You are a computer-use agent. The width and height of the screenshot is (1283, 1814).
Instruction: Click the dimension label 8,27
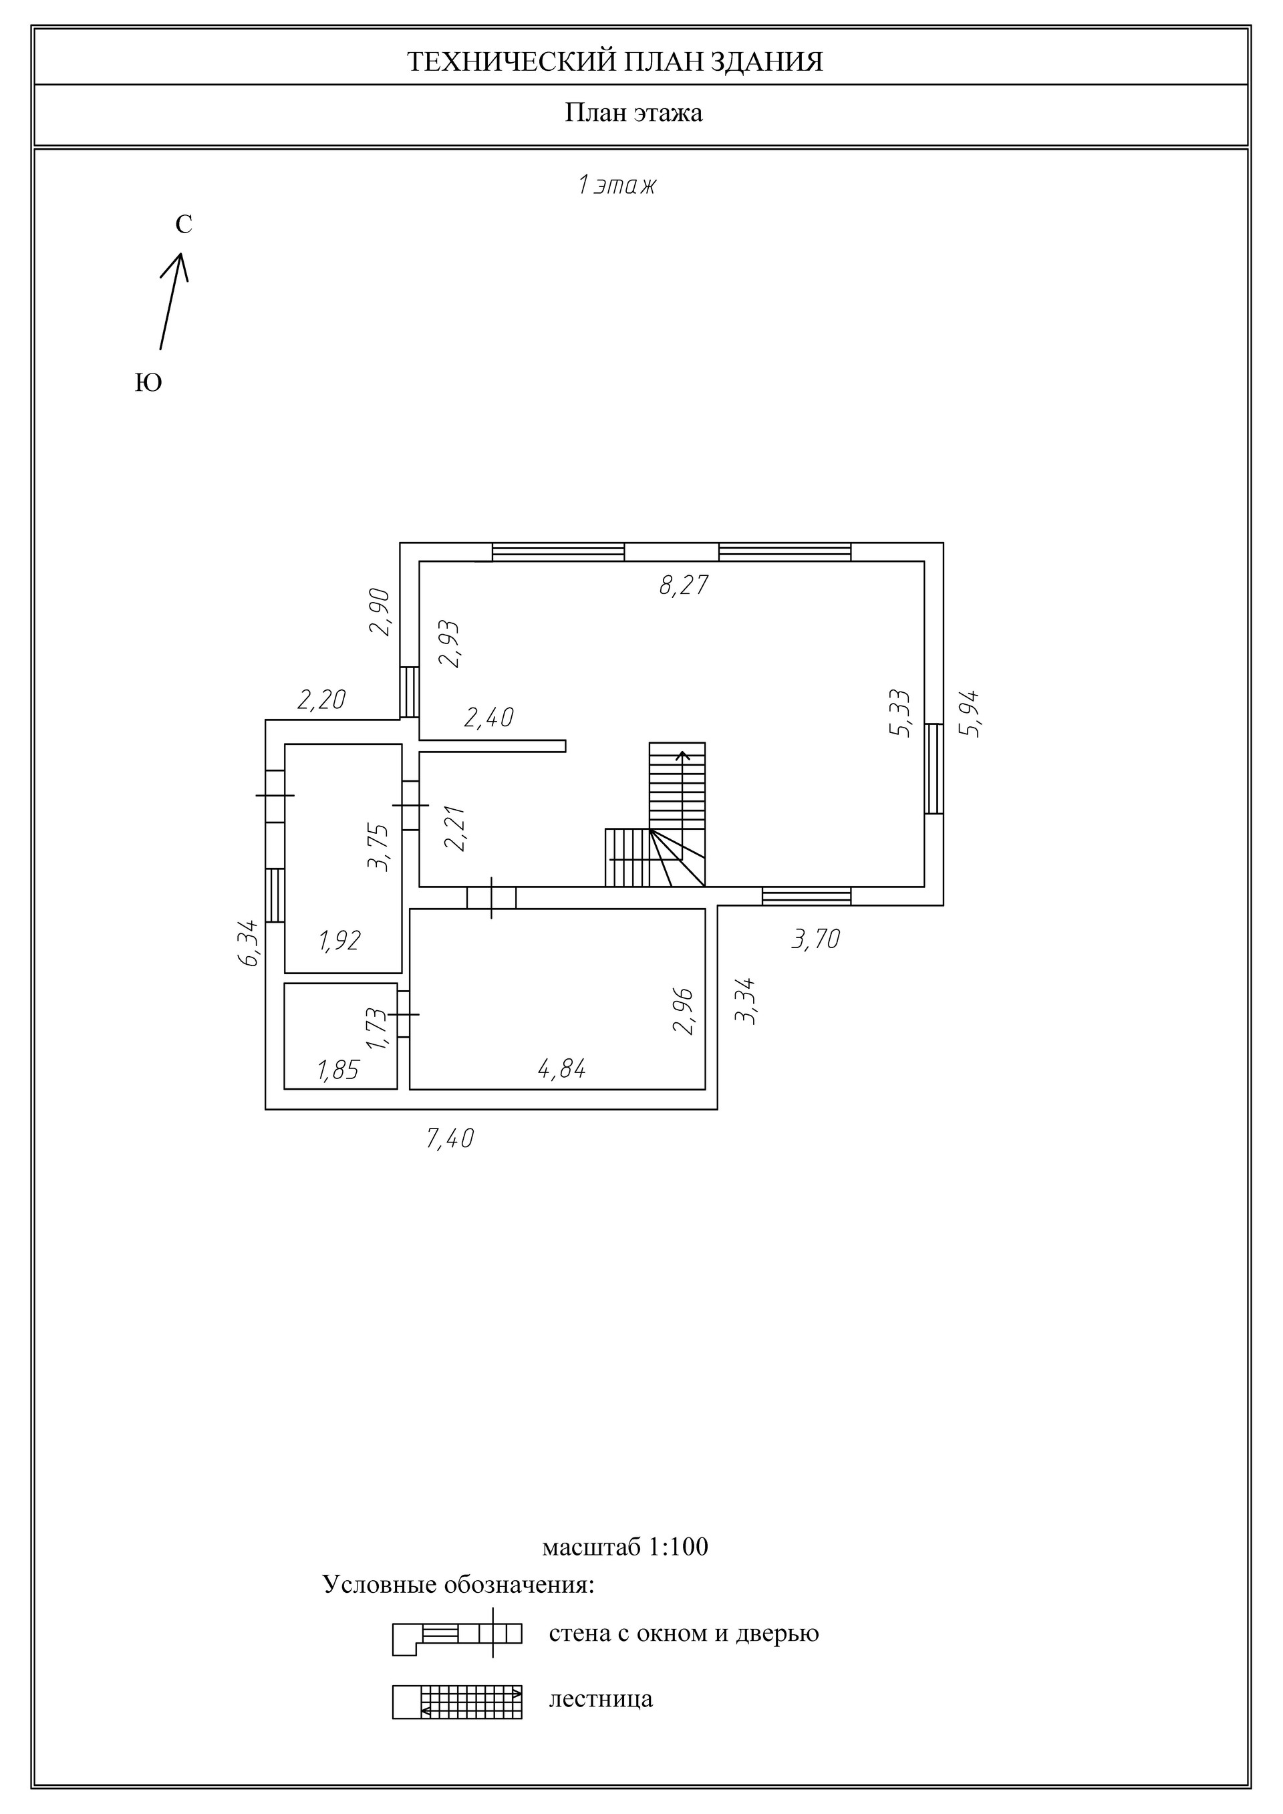coord(684,585)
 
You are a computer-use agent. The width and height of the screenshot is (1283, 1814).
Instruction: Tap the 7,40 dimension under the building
coord(450,1139)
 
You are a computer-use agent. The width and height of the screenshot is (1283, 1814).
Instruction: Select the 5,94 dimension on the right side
coord(970,714)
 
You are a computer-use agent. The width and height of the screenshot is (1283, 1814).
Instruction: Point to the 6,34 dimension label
coord(248,943)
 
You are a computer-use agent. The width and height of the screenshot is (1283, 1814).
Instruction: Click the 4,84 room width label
coord(562,1069)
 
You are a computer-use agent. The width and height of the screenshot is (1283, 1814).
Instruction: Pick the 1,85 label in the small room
coord(338,1070)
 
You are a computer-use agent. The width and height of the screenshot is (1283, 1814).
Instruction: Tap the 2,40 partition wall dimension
coord(489,718)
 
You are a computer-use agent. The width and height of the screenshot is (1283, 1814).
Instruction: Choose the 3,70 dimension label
coord(816,939)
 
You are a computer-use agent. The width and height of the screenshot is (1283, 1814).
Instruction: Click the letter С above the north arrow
coord(183,225)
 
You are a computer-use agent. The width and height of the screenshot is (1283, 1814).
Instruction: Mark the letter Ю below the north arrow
coord(148,384)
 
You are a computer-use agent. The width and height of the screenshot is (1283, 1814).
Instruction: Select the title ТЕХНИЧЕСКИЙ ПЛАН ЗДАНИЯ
coord(615,61)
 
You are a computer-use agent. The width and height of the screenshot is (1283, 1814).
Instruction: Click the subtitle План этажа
coord(633,113)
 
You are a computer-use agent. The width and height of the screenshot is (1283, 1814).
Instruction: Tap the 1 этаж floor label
coord(617,186)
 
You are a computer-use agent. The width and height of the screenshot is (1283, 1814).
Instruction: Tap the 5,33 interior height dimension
coord(900,714)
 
